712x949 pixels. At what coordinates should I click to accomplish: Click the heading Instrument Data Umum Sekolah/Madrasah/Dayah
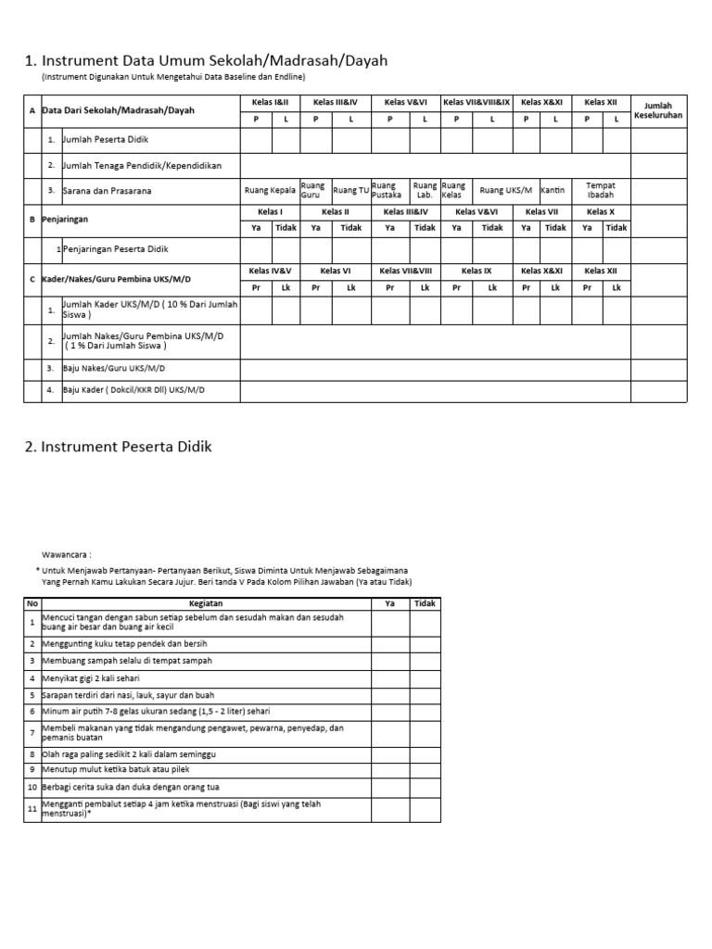click(x=205, y=61)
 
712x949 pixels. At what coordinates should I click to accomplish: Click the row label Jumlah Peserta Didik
click(x=106, y=140)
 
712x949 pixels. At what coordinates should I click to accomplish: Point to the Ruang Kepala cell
click(x=270, y=190)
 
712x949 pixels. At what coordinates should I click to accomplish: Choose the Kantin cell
click(x=553, y=190)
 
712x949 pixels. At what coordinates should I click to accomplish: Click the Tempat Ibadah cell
click(x=601, y=190)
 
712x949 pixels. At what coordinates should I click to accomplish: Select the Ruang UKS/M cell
click(x=506, y=190)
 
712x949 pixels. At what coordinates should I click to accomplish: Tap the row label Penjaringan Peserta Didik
click(x=115, y=250)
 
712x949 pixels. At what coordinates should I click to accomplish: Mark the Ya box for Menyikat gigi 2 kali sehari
click(x=390, y=678)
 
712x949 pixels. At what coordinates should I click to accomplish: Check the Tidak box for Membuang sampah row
click(x=426, y=661)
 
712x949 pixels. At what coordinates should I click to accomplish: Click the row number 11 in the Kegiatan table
click(x=32, y=809)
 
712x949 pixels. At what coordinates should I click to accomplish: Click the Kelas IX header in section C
click(x=476, y=271)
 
